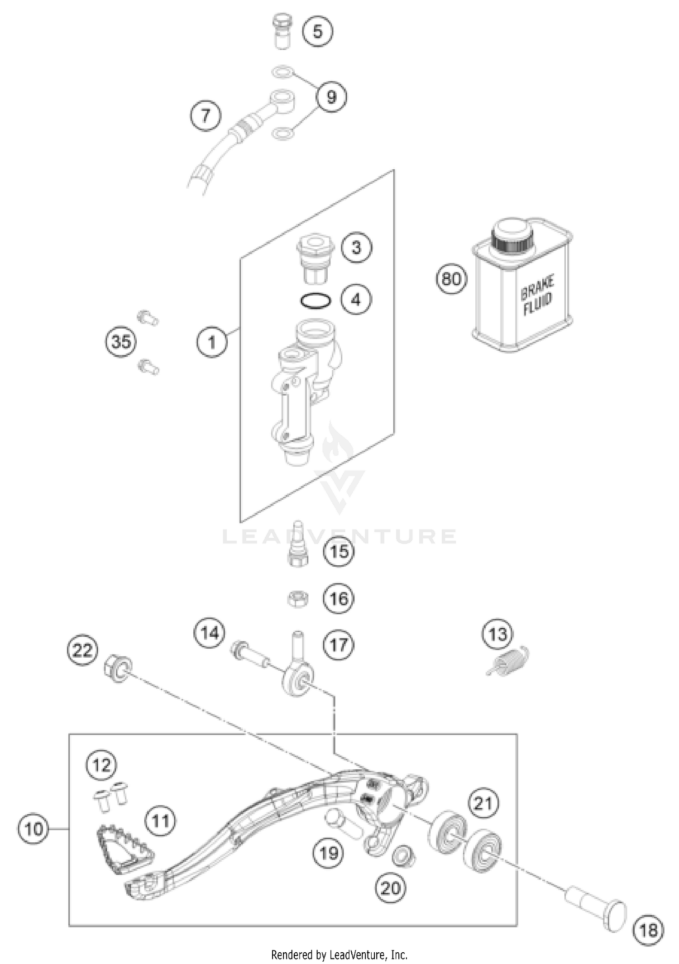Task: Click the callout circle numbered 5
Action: (318, 32)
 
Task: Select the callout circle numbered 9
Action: (331, 97)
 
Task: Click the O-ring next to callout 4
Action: (316, 301)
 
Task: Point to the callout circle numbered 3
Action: (356, 248)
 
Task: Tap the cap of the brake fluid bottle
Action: (513, 235)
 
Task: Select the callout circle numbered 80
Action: (451, 279)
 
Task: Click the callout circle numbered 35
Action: (121, 342)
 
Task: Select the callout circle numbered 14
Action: (210, 633)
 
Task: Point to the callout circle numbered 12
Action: (101, 765)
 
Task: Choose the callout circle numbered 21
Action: (483, 804)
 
